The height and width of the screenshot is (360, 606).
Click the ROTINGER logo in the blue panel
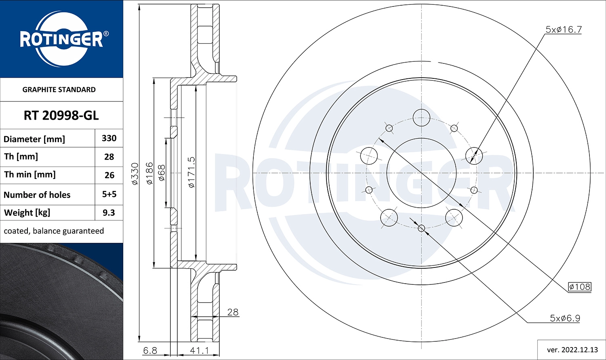point(61,39)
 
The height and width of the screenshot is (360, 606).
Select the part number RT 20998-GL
point(61,116)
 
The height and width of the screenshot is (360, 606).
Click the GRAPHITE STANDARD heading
point(59,90)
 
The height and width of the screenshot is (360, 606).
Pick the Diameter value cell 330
point(109,138)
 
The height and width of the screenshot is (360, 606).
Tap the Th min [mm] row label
point(30,175)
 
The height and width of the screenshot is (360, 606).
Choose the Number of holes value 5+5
point(109,194)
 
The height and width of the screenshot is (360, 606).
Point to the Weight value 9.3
point(109,213)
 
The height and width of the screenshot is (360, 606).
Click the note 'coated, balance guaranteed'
point(54,231)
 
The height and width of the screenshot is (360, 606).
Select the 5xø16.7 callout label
point(563,29)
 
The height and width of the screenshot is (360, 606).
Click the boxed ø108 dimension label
point(579,287)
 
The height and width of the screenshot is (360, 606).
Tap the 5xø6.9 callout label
point(565,318)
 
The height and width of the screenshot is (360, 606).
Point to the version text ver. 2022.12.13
point(572,349)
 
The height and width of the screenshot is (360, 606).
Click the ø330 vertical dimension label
point(135,174)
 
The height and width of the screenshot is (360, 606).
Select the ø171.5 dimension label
point(191,172)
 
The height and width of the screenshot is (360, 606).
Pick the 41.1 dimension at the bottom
point(199,350)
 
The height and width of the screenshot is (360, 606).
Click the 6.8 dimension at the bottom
point(150,350)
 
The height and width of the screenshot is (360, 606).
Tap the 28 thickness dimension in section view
point(233,312)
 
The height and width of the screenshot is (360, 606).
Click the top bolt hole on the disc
point(421,118)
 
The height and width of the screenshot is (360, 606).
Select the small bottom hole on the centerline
point(421,228)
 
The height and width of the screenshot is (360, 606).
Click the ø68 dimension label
point(162,173)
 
